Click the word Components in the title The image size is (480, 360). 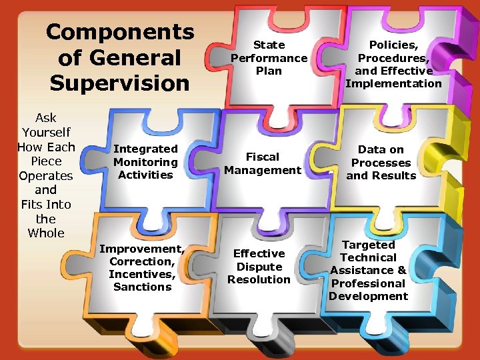(x=120, y=32)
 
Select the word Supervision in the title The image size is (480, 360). (x=120, y=83)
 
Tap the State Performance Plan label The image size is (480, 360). (x=269, y=58)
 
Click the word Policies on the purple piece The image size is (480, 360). (x=393, y=45)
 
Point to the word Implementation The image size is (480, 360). (x=393, y=83)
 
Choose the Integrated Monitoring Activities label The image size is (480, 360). (x=145, y=162)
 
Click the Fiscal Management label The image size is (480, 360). (x=263, y=163)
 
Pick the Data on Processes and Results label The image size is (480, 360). (x=381, y=163)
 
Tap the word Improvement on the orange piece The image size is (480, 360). (x=141, y=249)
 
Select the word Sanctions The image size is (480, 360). (x=142, y=287)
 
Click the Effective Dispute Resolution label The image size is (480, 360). (x=259, y=267)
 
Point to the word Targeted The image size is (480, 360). (x=368, y=245)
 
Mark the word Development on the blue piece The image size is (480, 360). (x=368, y=296)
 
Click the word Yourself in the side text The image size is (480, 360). (x=46, y=133)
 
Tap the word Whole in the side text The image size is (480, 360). (x=46, y=233)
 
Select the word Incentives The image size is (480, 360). (x=141, y=274)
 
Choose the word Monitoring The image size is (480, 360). (x=145, y=162)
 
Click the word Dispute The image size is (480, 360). (x=259, y=267)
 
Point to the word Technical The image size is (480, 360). (x=368, y=257)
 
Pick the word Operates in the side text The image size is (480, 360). (x=46, y=176)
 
